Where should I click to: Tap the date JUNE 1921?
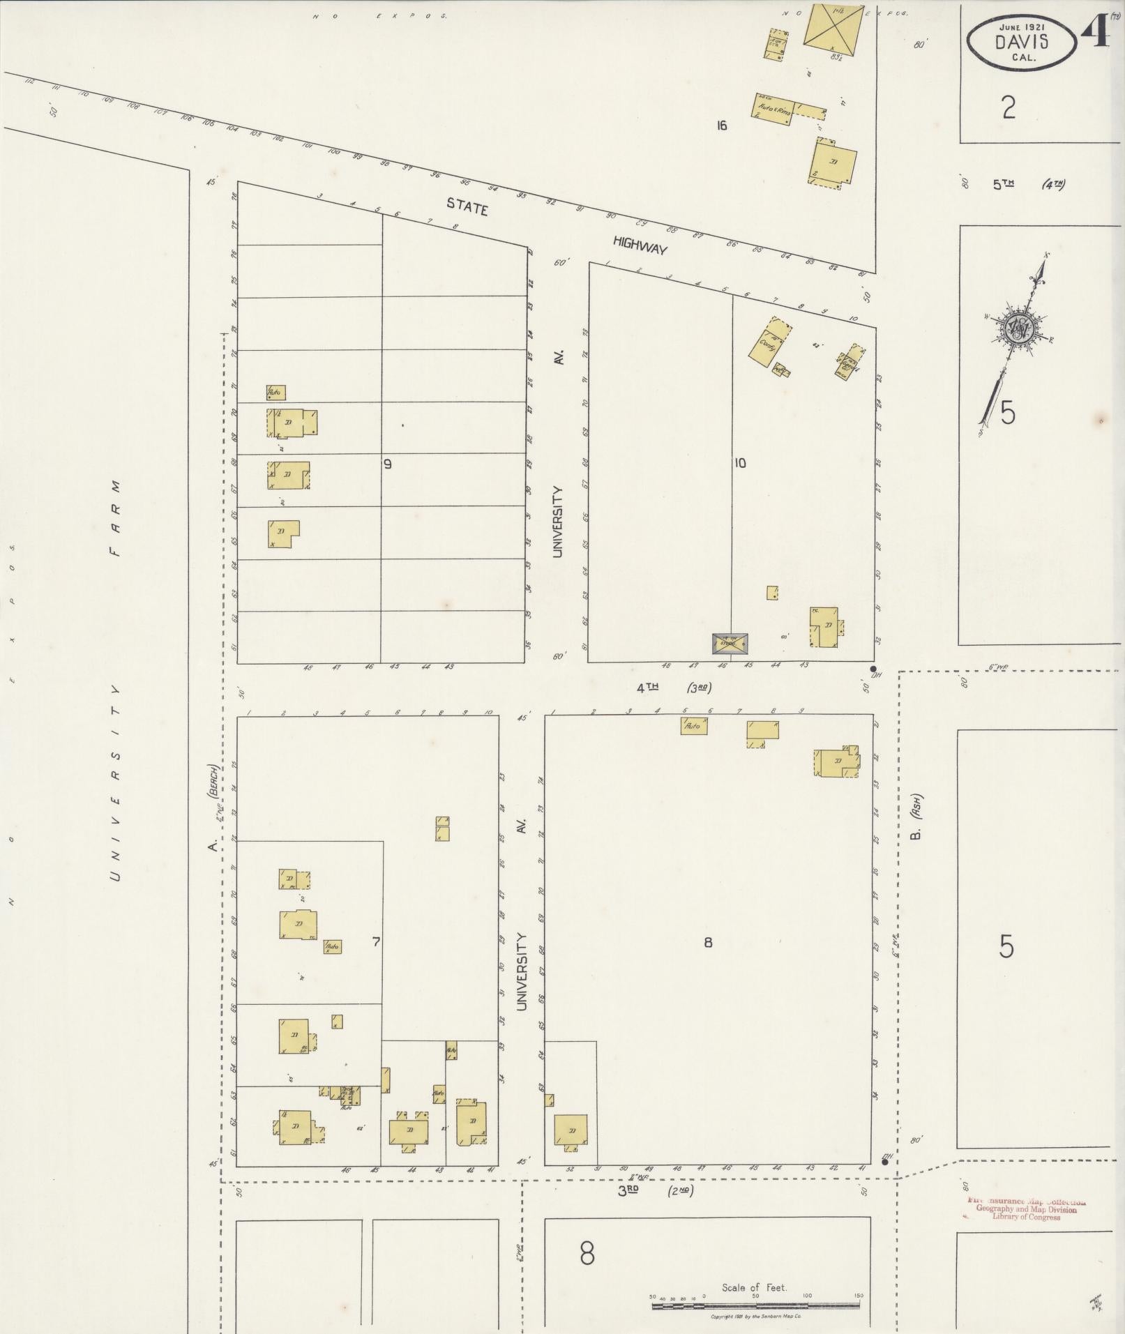(x=1021, y=26)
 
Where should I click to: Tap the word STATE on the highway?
(x=467, y=206)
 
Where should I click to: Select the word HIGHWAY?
(x=640, y=245)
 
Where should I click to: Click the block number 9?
(x=387, y=464)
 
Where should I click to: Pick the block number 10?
(x=739, y=462)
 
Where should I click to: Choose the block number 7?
(x=376, y=942)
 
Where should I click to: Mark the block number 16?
(x=721, y=126)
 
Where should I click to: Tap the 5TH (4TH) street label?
(x=1029, y=185)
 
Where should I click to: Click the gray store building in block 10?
(x=730, y=643)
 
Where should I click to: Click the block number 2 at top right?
(x=1008, y=108)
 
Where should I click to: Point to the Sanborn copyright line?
(x=756, y=1317)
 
